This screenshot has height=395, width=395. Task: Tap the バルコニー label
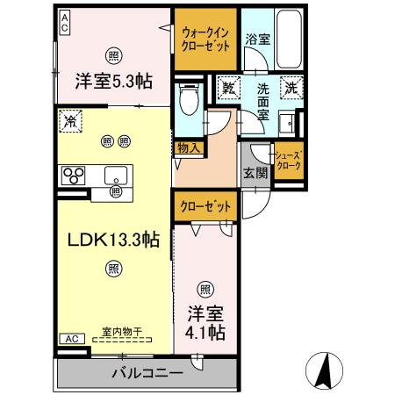point(147,374)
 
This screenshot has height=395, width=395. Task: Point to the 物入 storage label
point(187,148)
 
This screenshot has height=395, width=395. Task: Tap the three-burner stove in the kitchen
point(71,174)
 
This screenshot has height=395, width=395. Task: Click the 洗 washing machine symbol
point(291,88)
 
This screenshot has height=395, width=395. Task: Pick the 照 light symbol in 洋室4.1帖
point(205,288)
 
